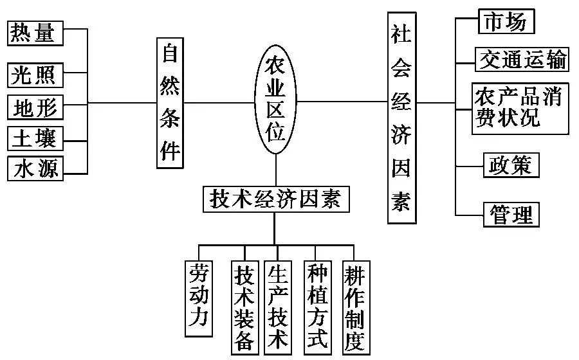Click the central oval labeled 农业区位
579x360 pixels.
pos(275,100)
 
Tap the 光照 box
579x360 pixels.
pos(36,75)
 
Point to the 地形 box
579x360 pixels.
pos(36,107)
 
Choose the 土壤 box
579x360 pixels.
pos(36,138)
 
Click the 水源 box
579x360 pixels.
pos(36,168)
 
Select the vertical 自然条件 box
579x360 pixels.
pos(170,103)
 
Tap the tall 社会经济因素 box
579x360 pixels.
pos(401,118)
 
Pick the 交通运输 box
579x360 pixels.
pos(522,59)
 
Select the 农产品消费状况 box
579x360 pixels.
pos(520,108)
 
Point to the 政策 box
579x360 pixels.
pos(511,165)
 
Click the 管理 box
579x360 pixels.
pos(511,213)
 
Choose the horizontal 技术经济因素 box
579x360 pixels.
pos(275,199)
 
